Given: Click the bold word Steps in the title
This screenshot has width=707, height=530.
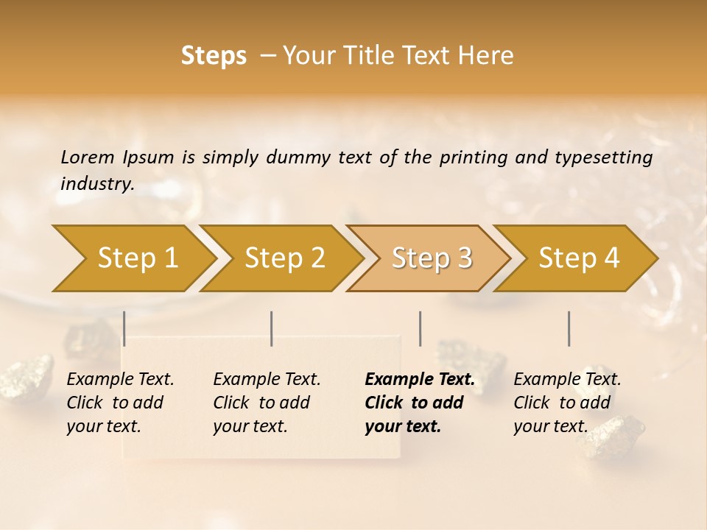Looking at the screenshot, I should tap(214, 56).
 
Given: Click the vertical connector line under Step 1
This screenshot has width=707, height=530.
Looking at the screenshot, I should tap(124, 328).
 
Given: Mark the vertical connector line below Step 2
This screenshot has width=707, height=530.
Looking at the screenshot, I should tap(272, 328).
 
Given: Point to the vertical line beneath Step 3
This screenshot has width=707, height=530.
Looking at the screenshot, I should tap(420, 328).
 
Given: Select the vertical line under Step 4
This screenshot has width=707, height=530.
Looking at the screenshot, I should tap(569, 328).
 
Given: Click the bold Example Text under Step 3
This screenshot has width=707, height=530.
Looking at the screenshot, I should tap(420, 380).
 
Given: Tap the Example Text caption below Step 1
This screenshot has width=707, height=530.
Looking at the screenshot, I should tap(120, 380).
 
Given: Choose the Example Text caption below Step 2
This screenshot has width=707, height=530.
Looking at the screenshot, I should tap(267, 380).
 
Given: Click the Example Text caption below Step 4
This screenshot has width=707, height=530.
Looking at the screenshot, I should tap(567, 380).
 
